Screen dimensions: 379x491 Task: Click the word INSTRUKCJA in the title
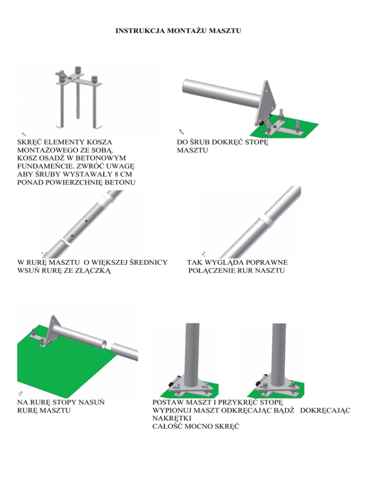(140, 31)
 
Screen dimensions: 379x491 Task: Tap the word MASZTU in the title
(225, 31)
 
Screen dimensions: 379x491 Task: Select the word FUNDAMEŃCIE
(44, 166)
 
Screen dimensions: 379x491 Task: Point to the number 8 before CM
(116, 174)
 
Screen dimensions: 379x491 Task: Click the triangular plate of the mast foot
(266, 103)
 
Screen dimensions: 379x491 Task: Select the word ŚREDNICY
(149, 262)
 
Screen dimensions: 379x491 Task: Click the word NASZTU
(270, 271)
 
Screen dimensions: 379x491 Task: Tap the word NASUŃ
(91, 402)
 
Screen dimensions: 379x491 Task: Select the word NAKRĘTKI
(172, 418)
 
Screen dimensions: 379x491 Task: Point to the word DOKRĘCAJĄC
(325, 410)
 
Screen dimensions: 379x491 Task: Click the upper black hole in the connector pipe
(86, 221)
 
